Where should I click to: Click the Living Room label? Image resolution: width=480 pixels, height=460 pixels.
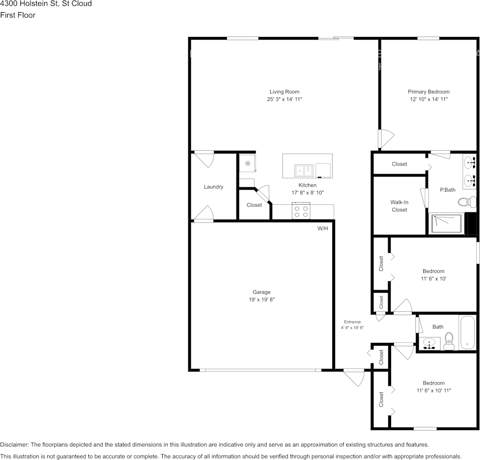point(284,91)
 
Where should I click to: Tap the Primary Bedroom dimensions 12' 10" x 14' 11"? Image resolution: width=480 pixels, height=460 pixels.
point(429,99)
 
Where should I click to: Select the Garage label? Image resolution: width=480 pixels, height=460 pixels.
point(261,292)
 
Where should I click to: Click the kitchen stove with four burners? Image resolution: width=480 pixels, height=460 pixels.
point(301,211)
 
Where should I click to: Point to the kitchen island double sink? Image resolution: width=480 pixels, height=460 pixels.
point(304,171)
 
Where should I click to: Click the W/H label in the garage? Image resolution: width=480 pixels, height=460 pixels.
point(323,229)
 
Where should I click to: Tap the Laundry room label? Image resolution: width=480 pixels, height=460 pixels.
point(213,187)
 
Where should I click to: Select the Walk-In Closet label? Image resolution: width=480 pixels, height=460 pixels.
point(399,206)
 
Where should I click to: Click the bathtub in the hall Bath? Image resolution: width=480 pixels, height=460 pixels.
point(467,333)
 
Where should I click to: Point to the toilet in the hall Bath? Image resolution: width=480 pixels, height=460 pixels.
point(449,341)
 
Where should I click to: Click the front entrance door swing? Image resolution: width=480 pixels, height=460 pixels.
point(355,378)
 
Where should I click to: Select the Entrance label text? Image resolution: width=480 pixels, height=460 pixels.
point(352,322)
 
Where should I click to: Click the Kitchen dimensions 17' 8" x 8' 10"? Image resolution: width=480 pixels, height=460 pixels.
point(308,193)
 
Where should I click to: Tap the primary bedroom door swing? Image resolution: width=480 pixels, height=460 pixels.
point(386,139)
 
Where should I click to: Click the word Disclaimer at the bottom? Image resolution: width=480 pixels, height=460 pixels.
point(14,444)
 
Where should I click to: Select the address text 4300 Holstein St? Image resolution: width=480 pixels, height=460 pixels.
point(29,4)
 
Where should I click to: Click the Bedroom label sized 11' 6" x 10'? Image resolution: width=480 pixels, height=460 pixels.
point(433,271)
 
